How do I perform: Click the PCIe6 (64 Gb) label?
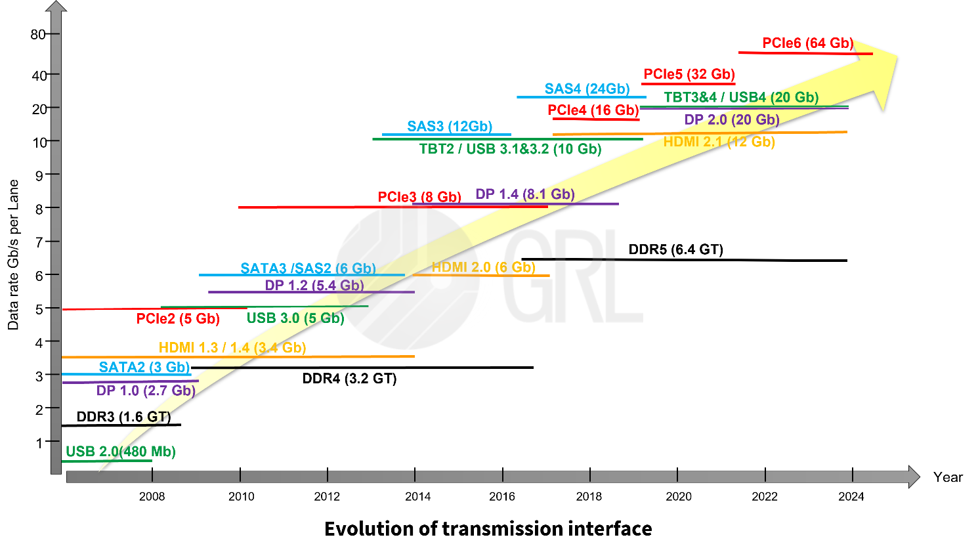click(807, 43)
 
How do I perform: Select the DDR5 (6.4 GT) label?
click(675, 249)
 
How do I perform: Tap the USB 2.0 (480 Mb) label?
click(121, 452)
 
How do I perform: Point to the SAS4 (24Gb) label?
click(587, 89)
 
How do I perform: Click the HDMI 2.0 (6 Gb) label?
click(483, 267)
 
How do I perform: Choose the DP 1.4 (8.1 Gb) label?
click(525, 194)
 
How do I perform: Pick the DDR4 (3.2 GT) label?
click(349, 379)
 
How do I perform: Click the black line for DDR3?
click(121, 425)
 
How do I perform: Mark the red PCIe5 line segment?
click(688, 84)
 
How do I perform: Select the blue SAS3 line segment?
click(446, 135)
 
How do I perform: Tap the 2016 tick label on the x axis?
click(502, 497)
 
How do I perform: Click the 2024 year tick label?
click(851, 497)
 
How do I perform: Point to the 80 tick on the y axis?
click(38, 34)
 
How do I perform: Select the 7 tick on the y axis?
click(39, 242)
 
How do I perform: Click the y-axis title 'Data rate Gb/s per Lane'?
click(13, 255)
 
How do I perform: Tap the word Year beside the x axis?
click(948, 477)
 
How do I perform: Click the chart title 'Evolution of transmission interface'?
click(488, 529)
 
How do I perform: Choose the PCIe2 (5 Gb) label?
click(178, 319)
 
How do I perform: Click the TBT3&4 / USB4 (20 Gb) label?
click(741, 98)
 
